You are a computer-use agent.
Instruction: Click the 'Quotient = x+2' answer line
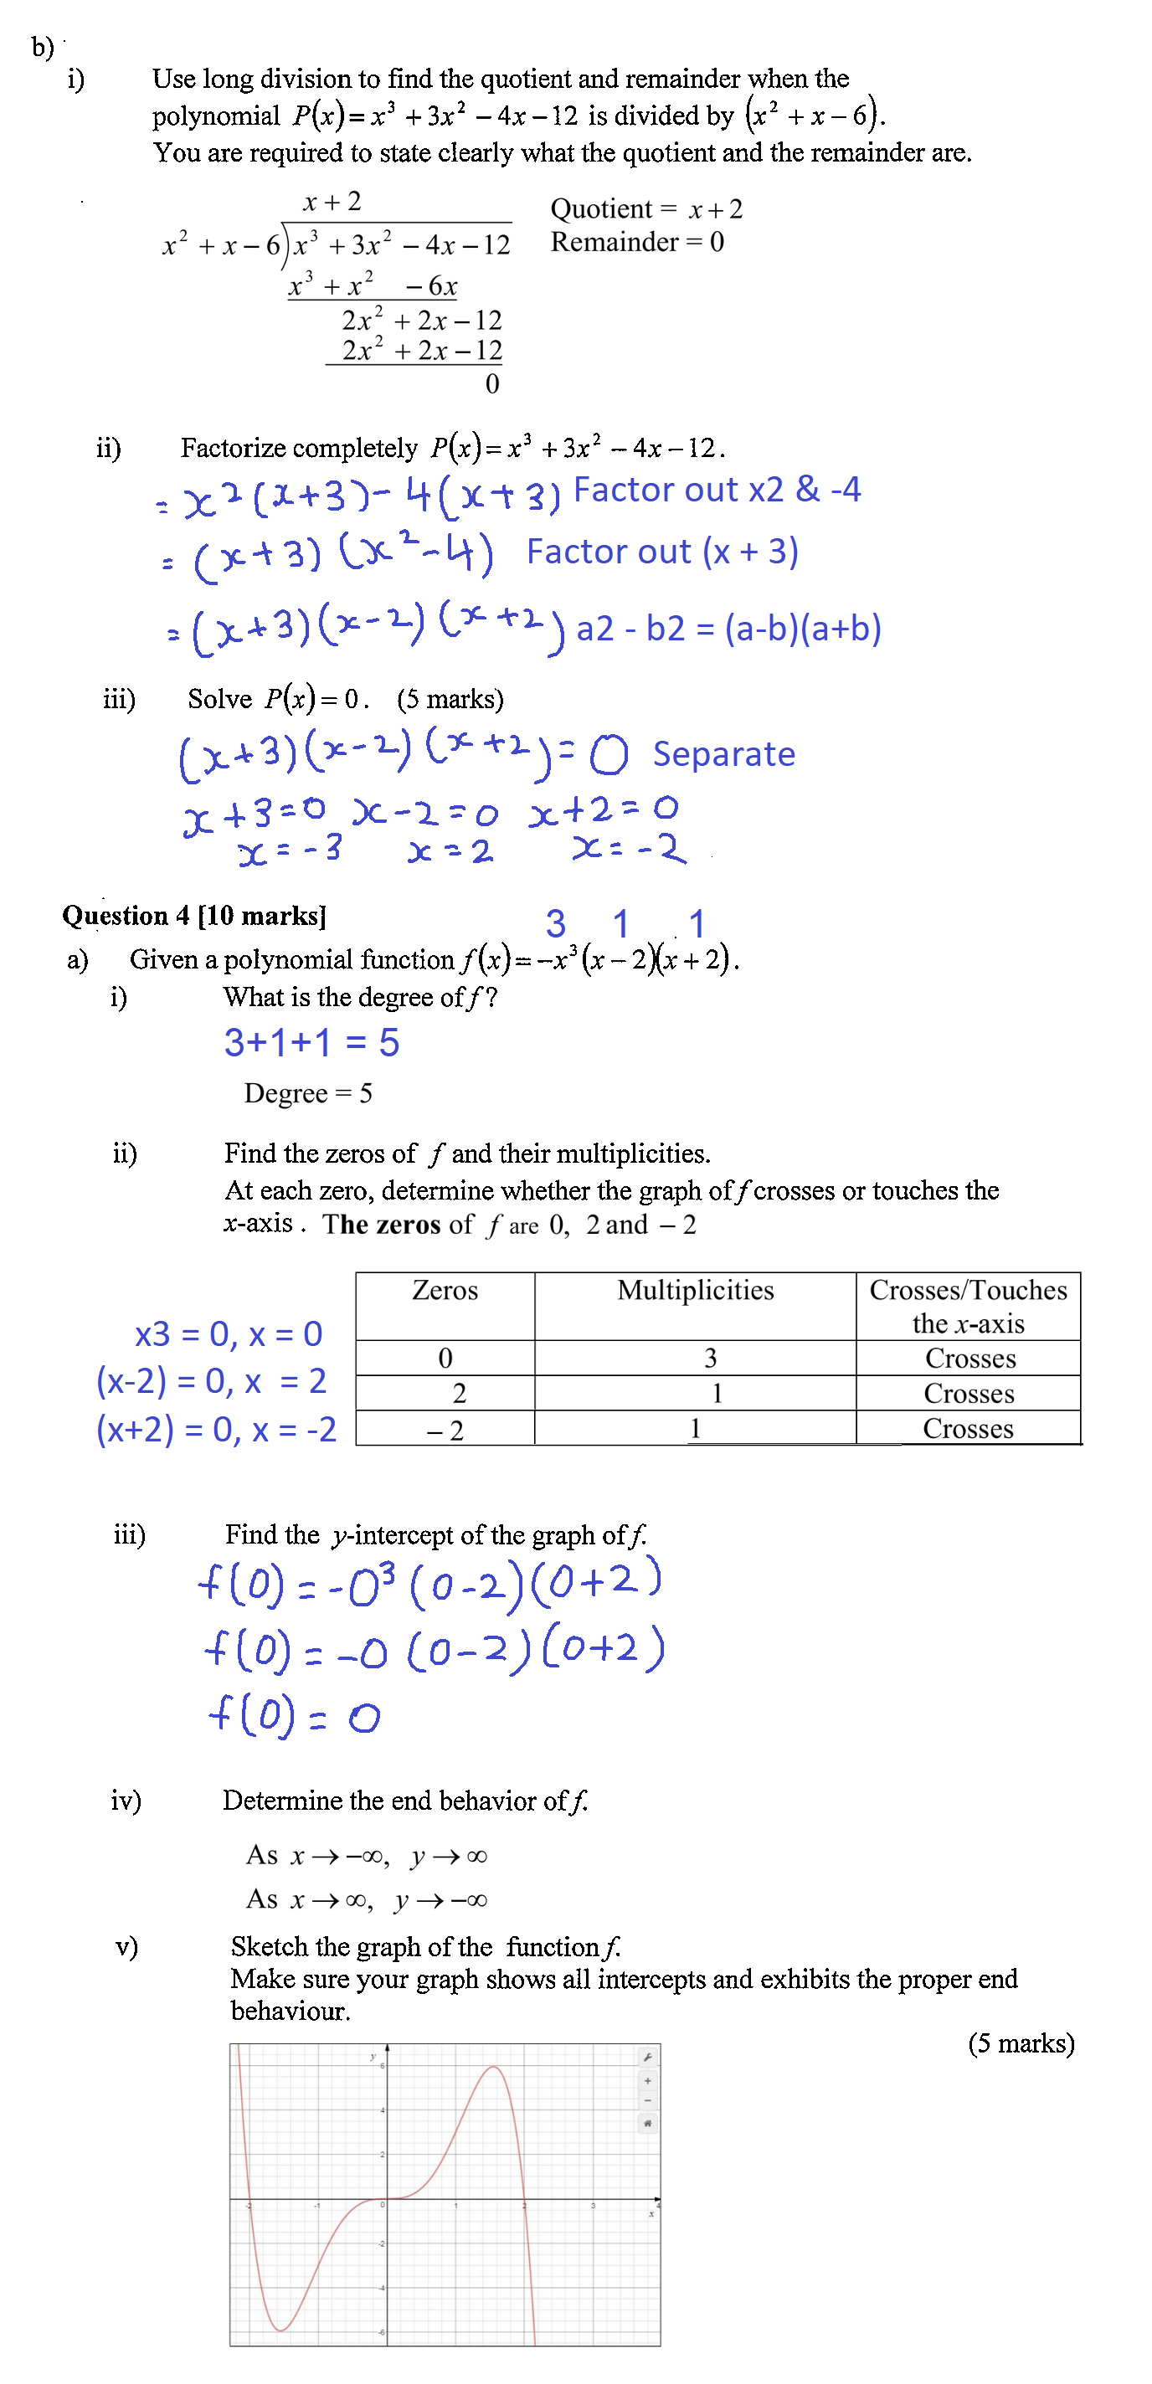pos(645,209)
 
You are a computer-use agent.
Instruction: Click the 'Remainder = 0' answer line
pos(636,243)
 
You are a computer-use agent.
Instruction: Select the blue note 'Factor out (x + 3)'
pos(661,552)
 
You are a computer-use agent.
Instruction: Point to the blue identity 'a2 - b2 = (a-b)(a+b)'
pos(728,629)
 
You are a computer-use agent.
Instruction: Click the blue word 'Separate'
pos(723,754)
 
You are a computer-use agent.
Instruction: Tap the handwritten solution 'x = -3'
pos(290,850)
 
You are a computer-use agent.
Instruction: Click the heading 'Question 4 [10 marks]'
pos(194,917)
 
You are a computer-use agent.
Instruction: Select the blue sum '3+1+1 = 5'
pos(311,1043)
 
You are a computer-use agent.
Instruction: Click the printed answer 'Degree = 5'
pos(308,1094)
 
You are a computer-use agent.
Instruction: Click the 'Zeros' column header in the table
pos(445,1291)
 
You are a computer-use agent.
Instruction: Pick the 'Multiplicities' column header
pos(695,1291)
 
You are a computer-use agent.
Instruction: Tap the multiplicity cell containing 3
pos(710,1359)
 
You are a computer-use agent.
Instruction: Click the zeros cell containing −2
pos(445,1431)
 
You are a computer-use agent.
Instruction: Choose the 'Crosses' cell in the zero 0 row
pos(969,1359)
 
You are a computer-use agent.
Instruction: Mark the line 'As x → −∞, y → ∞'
pos(367,1857)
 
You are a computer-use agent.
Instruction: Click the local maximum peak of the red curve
pos(494,2068)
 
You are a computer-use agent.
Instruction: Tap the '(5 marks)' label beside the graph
pos(1021,2043)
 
